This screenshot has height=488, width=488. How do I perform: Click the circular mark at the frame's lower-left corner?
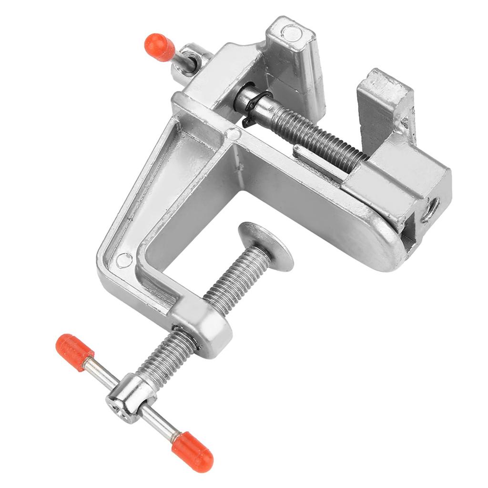point(124,260)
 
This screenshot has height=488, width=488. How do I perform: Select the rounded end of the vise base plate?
point(381,248)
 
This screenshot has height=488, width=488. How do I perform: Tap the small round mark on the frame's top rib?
point(234,134)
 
